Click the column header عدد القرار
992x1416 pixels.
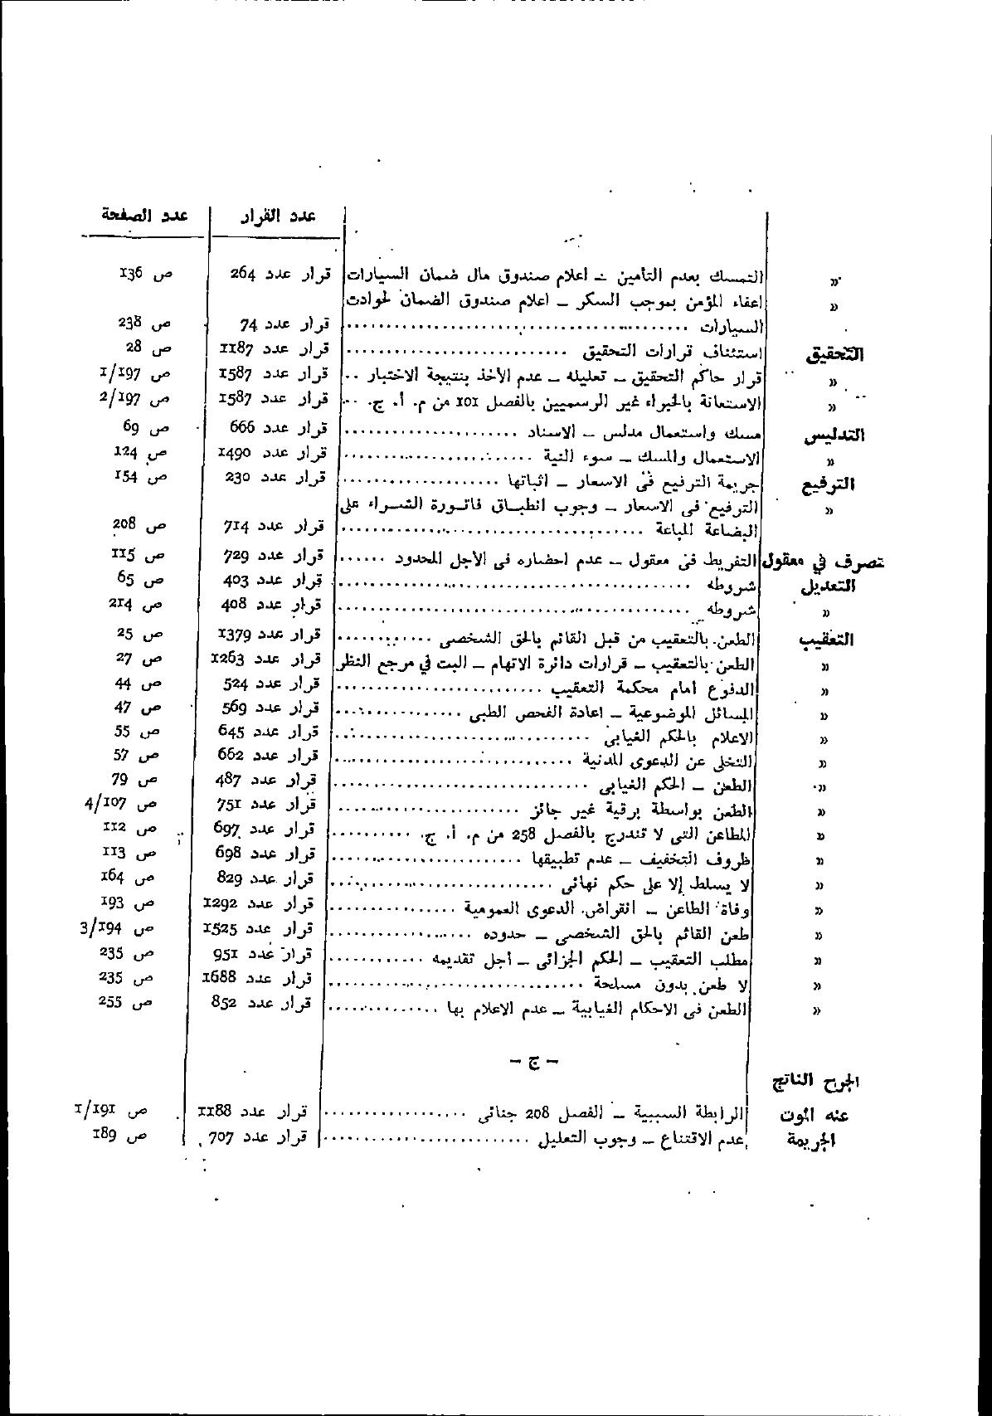tap(278, 217)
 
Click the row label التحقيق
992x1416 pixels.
tap(834, 354)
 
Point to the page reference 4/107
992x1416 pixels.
tap(127, 803)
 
